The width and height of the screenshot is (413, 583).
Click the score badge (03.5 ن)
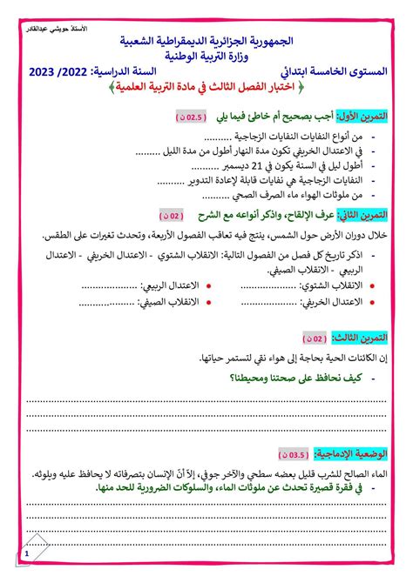(x=298, y=453)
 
